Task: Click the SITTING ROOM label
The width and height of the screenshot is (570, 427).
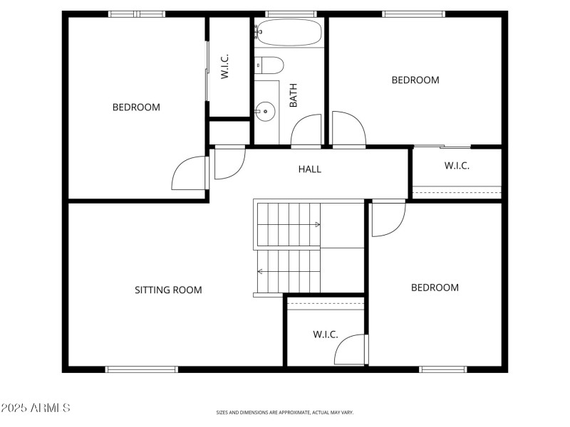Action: (x=168, y=290)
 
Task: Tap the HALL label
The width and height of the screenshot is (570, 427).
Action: (x=310, y=169)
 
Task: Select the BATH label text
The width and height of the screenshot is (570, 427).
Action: (x=293, y=95)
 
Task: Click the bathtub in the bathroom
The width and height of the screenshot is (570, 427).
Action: (x=289, y=32)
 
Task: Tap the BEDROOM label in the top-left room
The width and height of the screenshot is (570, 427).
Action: (x=136, y=107)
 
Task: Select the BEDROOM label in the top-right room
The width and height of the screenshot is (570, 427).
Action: (x=415, y=80)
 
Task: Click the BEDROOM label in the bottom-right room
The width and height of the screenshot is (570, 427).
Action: (x=435, y=288)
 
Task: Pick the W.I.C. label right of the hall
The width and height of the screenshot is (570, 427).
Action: (x=457, y=166)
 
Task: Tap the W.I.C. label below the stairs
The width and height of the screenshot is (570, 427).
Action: (x=326, y=334)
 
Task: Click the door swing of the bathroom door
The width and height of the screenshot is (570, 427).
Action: (x=305, y=132)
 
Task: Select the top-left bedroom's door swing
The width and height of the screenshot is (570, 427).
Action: (x=187, y=174)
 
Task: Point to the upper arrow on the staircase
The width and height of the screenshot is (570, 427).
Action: (x=316, y=225)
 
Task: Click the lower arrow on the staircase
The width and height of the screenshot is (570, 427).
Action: (x=261, y=271)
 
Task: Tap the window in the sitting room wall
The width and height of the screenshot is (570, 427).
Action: (x=141, y=369)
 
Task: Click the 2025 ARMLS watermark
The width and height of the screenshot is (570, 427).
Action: (x=36, y=408)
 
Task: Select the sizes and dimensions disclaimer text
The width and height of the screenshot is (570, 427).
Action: (x=285, y=412)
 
